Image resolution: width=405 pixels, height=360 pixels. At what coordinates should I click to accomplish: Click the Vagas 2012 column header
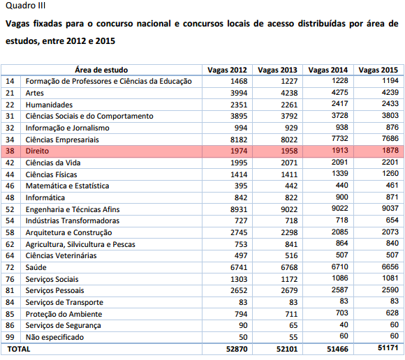click(x=227, y=70)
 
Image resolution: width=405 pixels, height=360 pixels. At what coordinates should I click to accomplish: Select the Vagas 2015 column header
click(x=378, y=70)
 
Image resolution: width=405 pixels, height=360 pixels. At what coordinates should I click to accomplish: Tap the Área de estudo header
click(x=101, y=70)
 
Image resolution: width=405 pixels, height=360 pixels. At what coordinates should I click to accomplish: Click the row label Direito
click(x=37, y=151)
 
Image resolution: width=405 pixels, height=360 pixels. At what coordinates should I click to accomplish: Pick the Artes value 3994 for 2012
click(x=239, y=93)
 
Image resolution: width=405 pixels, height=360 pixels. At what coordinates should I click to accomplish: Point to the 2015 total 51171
click(x=388, y=347)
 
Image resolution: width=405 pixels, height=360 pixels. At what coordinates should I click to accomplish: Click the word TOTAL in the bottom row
click(x=19, y=349)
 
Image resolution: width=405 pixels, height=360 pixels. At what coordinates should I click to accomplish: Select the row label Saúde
click(x=36, y=267)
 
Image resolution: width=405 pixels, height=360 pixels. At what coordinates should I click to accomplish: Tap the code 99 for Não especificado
click(x=10, y=337)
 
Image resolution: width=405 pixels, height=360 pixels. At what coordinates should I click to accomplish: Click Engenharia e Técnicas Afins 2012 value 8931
click(x=239, y=209)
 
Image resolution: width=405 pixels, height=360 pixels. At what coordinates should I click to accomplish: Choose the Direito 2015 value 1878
click(x=390, y=150)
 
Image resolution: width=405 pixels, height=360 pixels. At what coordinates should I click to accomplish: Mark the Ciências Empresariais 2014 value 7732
click(x=339, y=139)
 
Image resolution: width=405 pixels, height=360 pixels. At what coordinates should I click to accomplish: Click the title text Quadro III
click(x=26, y=6)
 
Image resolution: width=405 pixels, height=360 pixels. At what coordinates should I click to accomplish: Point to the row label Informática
click(x=45, y=197)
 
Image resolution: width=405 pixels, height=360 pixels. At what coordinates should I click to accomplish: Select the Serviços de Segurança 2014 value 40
click(x=344, y=324)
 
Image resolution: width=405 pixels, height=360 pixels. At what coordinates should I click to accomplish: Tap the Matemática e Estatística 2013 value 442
click(x=291, y=186)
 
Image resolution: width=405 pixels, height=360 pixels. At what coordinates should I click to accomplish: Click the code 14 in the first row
click(x=10, y=82)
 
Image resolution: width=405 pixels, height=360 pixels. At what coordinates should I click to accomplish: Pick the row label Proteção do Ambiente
click(x=64, y=314)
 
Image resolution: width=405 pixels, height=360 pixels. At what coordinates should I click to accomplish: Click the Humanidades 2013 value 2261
click(x=289, y=105)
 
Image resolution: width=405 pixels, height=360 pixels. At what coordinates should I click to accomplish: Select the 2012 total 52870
click(x=237, y=349)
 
